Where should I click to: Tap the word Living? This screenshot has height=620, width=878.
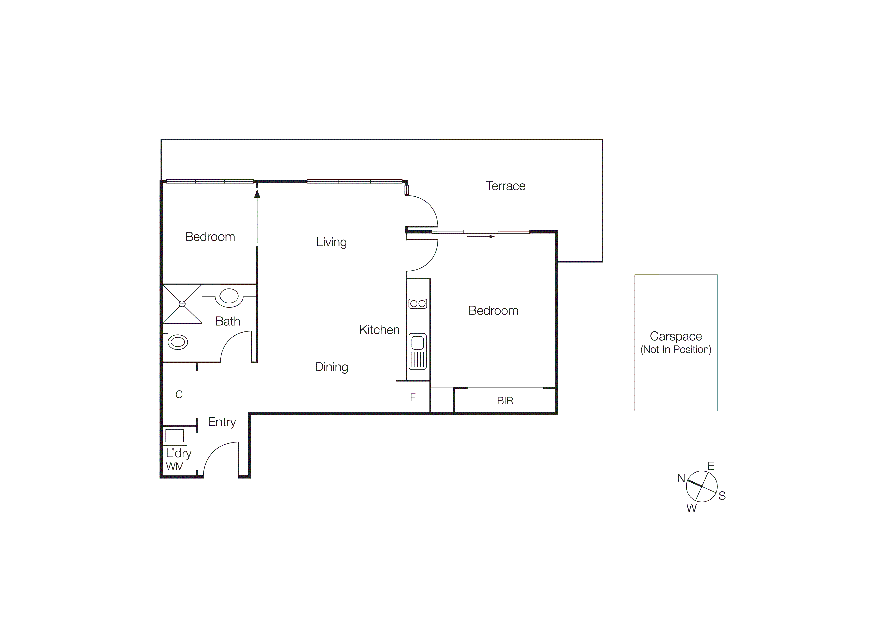(331, 242)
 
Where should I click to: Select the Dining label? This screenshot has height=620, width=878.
(331, 367)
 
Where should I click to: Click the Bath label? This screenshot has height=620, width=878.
(227, 321)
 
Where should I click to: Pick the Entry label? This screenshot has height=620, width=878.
(222, 422)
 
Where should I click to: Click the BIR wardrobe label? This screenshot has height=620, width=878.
(505, 401)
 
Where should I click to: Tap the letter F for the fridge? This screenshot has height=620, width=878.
(413, 397)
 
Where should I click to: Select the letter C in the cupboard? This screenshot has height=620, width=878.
(179, 394)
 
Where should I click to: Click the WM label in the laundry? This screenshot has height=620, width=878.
(175, 466)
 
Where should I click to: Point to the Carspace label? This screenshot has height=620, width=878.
(676, 336)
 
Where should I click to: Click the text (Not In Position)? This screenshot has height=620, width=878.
(676, 350)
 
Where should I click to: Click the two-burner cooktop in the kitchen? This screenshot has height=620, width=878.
(417, 304)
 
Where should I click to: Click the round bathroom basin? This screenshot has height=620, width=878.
(229, 296)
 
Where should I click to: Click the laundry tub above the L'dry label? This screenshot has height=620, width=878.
(175, 435)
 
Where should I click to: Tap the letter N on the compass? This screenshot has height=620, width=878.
(681, 478)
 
